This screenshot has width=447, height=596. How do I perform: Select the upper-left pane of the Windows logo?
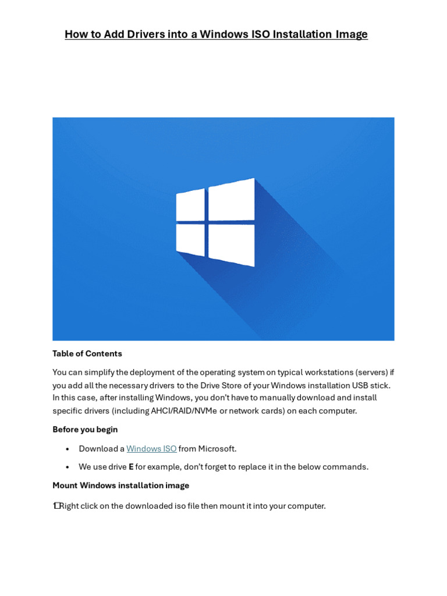(x=190, y=205)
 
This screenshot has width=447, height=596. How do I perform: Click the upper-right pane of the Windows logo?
(x=232, y=200)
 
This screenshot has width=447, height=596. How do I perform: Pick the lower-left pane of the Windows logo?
(x=190, y=239)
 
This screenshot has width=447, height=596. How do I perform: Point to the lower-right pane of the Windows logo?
(x=232, y=245)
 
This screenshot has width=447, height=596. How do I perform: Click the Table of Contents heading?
(x=87, y=353)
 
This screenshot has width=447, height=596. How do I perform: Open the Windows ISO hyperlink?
(x=151, y=449)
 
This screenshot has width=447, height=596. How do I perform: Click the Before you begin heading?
(x=85, y=430)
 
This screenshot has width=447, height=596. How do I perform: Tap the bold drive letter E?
(x=131, y=467)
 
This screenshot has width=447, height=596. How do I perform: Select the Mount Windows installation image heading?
(x=120, y=485)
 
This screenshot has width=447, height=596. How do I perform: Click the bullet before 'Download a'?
(x=68, y=449)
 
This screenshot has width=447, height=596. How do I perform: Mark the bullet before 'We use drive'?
(x=68, y=467)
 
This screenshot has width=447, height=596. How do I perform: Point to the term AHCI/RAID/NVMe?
(x=184, y=411)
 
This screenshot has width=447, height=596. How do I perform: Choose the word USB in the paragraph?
(x=361, y=385)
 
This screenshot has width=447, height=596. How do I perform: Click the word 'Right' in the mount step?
(x=69, y=506)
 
